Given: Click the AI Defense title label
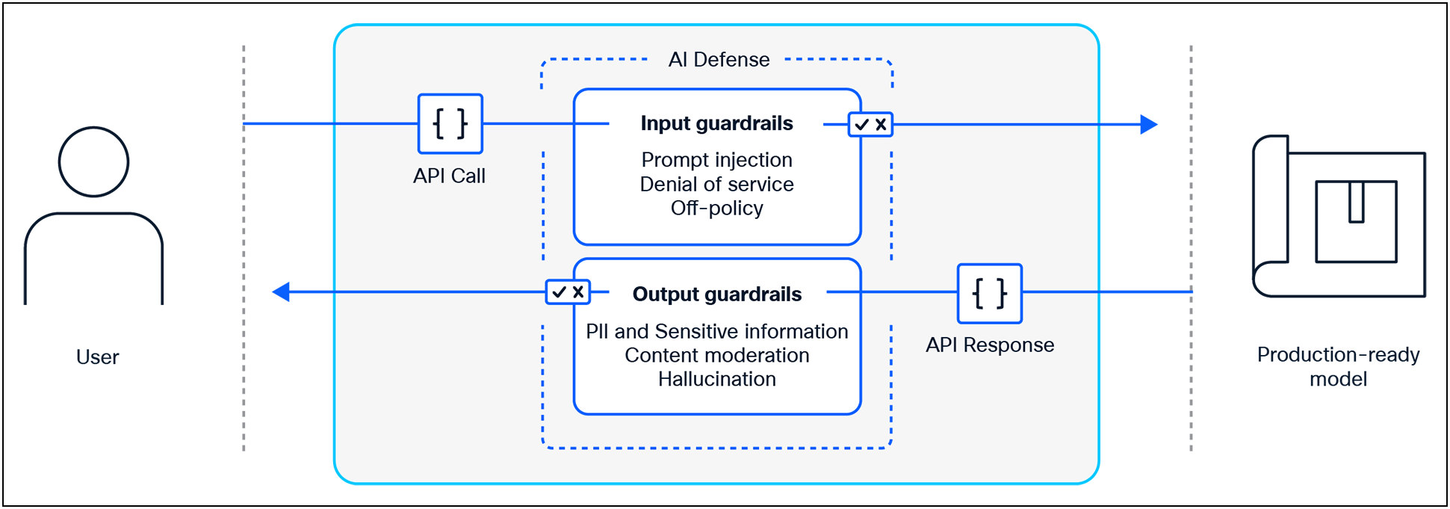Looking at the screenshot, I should click(719, 60).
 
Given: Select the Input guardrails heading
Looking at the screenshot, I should click(716, 123).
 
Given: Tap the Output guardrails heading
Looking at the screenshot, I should click(716, 294).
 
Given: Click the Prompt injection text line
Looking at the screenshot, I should click(716, 160).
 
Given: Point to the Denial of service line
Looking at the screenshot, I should click(716, 184).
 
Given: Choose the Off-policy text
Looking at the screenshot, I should click(716, 208).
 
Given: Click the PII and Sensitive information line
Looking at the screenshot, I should click(716, 331).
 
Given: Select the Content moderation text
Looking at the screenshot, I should click(716, 355).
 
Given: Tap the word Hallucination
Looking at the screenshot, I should click(716, 379).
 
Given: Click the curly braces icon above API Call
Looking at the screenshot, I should click(450, 123).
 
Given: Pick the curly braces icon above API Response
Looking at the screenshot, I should click(989, 293).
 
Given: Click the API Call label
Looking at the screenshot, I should click(449, 176).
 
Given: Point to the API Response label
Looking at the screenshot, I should click(989, 345).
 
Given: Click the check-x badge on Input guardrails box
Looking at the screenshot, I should click(870, 124).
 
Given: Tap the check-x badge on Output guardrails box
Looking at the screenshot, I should click(568, 291).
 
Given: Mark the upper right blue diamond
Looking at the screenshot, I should click(1135, 125).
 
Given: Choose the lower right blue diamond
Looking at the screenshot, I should click(1143, 291).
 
